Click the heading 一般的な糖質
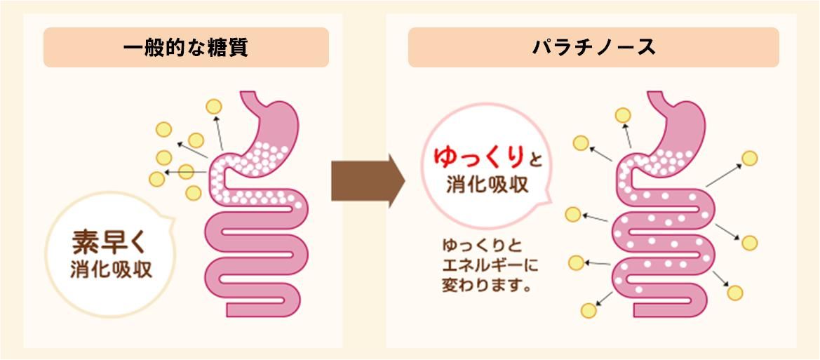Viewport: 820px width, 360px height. (x=186, y=48)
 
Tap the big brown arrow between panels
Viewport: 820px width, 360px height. (x=368, y=181)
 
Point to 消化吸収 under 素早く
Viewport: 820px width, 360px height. (x=112, y=270)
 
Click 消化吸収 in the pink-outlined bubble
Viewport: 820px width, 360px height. (x=488, y=186)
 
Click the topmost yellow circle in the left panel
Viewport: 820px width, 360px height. (x=213, y=107)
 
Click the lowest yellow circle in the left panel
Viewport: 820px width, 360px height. (x=194, y=193)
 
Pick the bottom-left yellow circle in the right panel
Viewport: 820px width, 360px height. (x=589, y=310)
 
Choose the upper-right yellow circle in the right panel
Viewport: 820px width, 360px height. (x=749, y=158)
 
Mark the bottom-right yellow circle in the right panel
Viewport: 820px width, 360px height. (x=734, y=293)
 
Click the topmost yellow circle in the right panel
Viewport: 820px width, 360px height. (x=623, y=115)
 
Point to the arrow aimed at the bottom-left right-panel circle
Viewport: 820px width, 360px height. (x=605, y=299)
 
